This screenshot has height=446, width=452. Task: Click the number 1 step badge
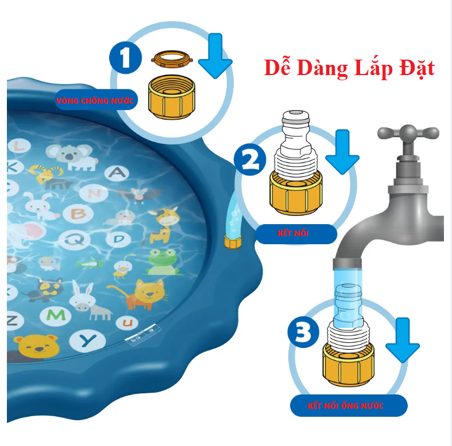click(x=125, y=57)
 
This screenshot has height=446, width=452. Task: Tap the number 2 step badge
click(x=250, y=159)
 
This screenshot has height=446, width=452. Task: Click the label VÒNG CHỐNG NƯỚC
click(x=95, y=101)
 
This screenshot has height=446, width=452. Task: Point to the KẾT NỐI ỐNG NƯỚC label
click(x=345, y=406)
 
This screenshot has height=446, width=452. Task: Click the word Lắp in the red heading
click(x=373, y=68)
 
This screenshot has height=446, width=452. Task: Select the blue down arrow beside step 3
click(x=403, y=340)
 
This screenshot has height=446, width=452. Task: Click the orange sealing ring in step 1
click(x=172, y=59)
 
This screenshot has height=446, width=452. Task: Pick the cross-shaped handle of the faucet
click(x=408, y=134)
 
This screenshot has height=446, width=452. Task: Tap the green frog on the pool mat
click(x=162, y=261)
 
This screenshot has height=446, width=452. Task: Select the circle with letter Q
click(x=74, y=240)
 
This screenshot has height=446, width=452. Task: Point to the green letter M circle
click(x=56, y=316)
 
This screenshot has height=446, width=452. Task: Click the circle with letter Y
click(x=88, y=341)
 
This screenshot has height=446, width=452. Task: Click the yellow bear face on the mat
click(x=37, y=346)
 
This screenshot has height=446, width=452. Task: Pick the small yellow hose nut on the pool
click(x=233, y=241)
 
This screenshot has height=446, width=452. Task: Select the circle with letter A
click(x=117, y=173)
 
